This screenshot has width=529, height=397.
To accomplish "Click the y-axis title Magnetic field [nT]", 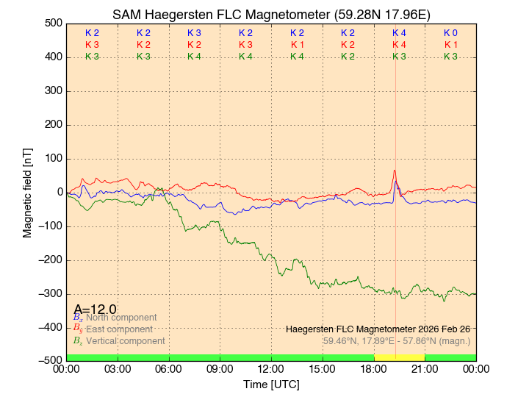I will tap(28, 191).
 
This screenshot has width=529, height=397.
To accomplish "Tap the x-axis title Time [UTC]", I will tap(271, 385).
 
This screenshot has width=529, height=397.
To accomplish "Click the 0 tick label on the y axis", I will tap(57, 192).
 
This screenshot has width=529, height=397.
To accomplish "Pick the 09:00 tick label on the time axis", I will tap(220, 368).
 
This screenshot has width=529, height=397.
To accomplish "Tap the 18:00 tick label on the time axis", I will tap(373, 368).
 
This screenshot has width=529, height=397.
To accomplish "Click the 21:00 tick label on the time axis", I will tap(425, 368).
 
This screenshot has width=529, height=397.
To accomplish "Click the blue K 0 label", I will tap(450, 33).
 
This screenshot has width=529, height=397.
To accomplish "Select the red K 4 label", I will tap(399, 45).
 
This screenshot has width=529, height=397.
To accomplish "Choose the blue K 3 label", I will tap(194, 33).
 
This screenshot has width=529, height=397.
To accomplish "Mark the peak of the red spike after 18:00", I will tap(395, 170).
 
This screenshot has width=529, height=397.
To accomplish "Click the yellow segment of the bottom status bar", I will tap(399, 357).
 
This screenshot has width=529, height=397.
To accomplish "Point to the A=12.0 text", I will tap(95, 309).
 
